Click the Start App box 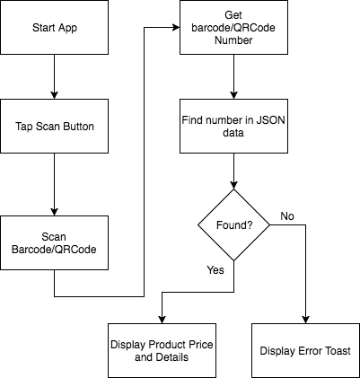tap(54, 27)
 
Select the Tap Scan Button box tap(54, 126)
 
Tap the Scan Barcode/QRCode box tap(54, 242)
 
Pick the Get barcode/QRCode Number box tap(233, 27)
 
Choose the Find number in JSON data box tap(233, 126)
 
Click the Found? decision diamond tap(233, 224)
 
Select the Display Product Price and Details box tap(162, 350)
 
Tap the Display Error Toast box tap(305, 350)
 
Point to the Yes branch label tap(215, 270)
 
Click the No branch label tap(287, 216)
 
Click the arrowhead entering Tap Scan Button tap(54, 95)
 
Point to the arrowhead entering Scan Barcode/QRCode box tap(54, 212)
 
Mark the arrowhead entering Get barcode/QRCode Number tap(176, 28)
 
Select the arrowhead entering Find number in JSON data tap(233, 95)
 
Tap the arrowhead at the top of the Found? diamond tap(233, 185)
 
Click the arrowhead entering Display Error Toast tap(305, 320)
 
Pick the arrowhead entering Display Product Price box tap(162, 320)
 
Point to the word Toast tap(338, 350)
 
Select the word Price tap(200, 344)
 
